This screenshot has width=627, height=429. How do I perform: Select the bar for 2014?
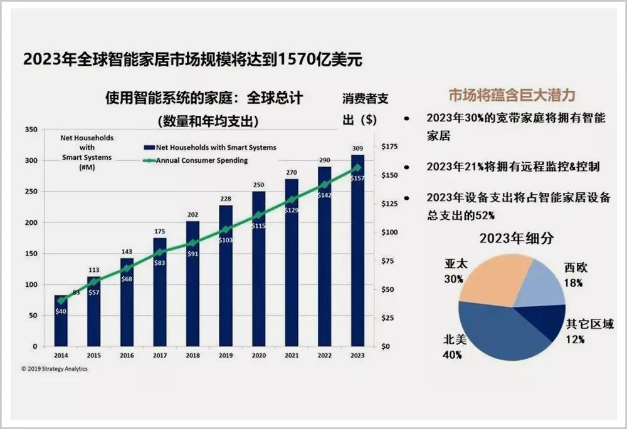(x=61, y=326)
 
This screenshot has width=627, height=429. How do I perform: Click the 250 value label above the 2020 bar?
(x=258, y=185)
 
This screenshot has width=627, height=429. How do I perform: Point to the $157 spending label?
(x=357, y=178)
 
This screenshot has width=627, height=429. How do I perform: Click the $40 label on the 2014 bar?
(x=61, y=311)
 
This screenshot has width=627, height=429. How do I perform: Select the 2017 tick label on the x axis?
(x=160, y=354)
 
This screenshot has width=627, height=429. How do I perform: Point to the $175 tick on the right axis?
(x=389, y=147)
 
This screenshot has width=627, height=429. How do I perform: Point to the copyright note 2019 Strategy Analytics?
(x=55, y=369)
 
